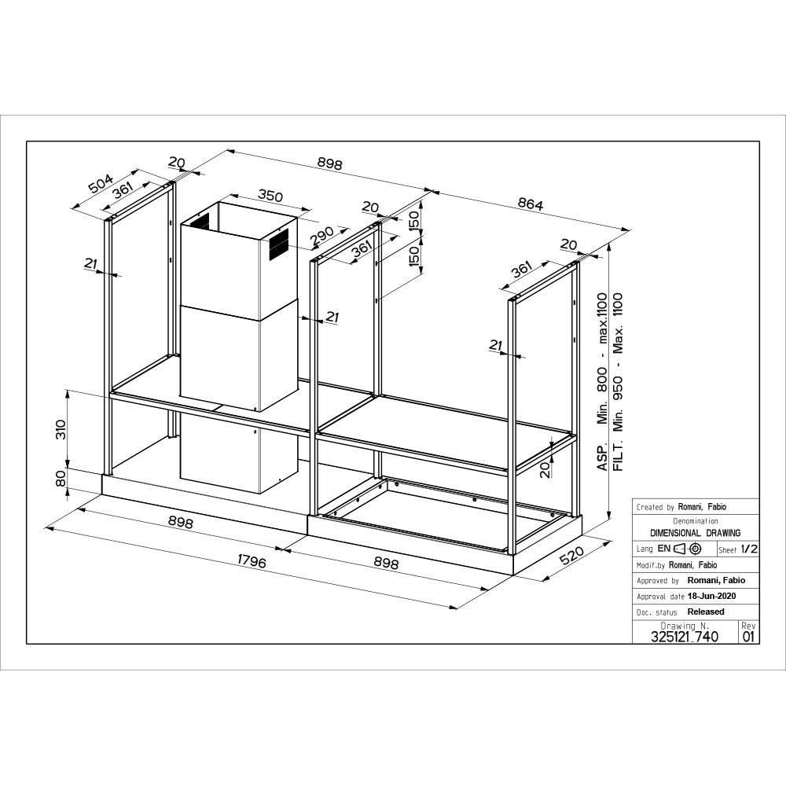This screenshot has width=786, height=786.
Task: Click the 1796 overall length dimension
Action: click(252, 561)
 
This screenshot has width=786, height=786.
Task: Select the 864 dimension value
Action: click(531, 204)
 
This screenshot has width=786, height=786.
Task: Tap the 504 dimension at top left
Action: click(101, 183)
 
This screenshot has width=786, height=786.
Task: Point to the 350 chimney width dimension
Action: click(270, 195)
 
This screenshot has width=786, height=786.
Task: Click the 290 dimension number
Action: click(321, 236)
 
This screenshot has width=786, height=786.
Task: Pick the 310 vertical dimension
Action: click(61, 430)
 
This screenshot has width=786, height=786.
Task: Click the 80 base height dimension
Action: click(61, 478)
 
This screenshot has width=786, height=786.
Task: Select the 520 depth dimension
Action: click(572, 556)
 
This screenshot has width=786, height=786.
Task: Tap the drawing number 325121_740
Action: click(685, 637)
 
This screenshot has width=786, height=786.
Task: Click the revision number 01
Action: click(748, 637)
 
